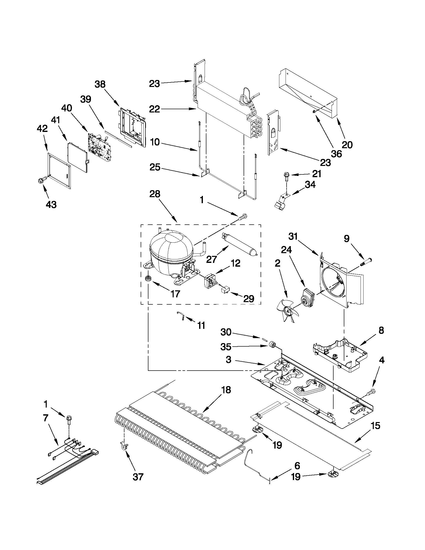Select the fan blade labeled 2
click(x=288, y=311)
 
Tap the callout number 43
click(x=51, y=205)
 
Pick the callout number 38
click(x=100, y=84)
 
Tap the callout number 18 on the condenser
click(x=226, y=390)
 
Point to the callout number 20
click(x=347, y=145)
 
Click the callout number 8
click(x=381, y=330)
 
